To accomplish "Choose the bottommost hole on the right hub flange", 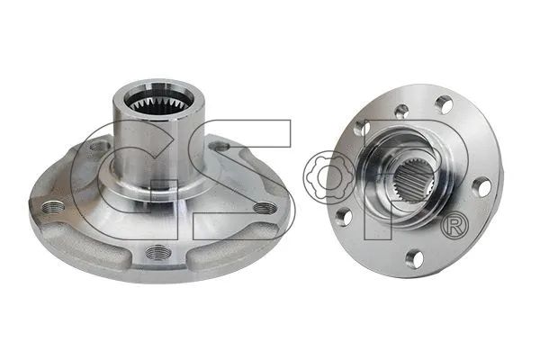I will tap(414, 259).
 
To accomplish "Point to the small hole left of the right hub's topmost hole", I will tap(401, 112).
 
